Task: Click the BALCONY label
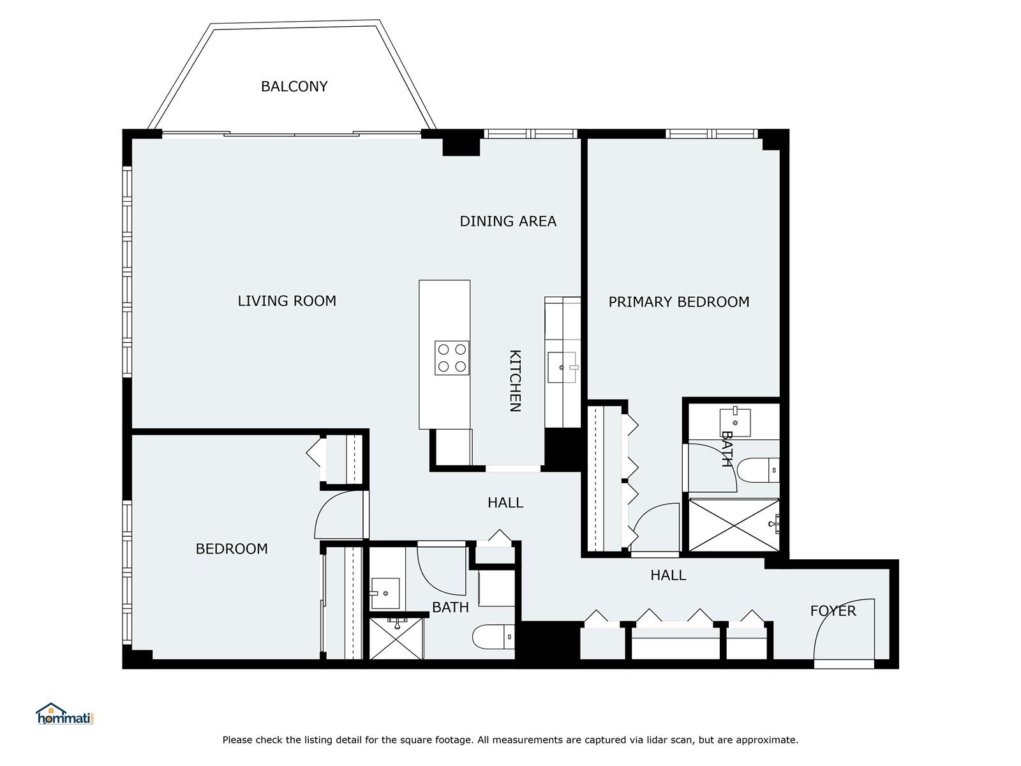coord(294,86)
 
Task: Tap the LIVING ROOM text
coord(287,301)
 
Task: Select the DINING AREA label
coord(508,221)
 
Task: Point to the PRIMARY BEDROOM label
coord(678,302)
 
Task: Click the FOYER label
coord(833,611)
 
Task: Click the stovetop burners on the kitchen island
coord(451,357)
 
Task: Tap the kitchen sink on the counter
coord(562,368)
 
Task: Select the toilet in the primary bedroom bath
coord(757,470)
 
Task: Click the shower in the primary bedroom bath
coord(734,525)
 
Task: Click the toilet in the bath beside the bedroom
coord(493,636)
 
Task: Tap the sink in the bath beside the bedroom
coord(385,594)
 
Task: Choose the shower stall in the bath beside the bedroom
coord(396,638)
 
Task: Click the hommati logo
coord(65,714)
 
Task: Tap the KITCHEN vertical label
coord(515,380)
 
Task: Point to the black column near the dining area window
coord(461,144)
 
